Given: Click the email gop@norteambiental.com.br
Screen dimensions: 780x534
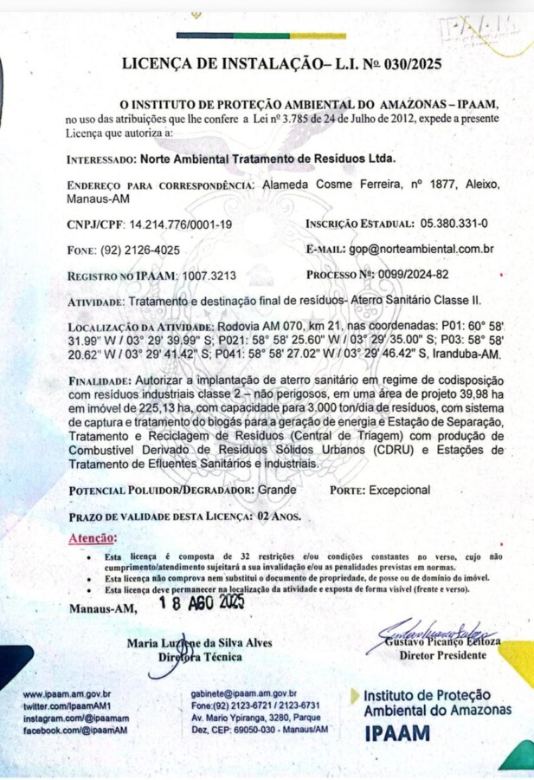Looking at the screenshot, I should [421, 250].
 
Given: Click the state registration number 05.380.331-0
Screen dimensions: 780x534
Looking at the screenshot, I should [454, 224].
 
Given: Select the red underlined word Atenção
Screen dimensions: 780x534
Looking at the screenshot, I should [93, 539].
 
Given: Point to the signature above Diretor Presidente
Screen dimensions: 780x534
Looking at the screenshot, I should [431, 639].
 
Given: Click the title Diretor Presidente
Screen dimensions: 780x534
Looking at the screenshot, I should [442, 655].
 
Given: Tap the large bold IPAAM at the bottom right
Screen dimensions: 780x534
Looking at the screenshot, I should [397, 733].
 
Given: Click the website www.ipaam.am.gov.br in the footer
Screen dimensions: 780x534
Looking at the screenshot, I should [67, 695].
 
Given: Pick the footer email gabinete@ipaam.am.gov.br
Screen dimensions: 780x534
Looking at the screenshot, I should [243, 694].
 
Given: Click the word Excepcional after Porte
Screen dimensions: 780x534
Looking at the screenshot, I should [399, 491].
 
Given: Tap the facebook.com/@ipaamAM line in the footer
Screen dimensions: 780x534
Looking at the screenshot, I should [75, 730].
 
